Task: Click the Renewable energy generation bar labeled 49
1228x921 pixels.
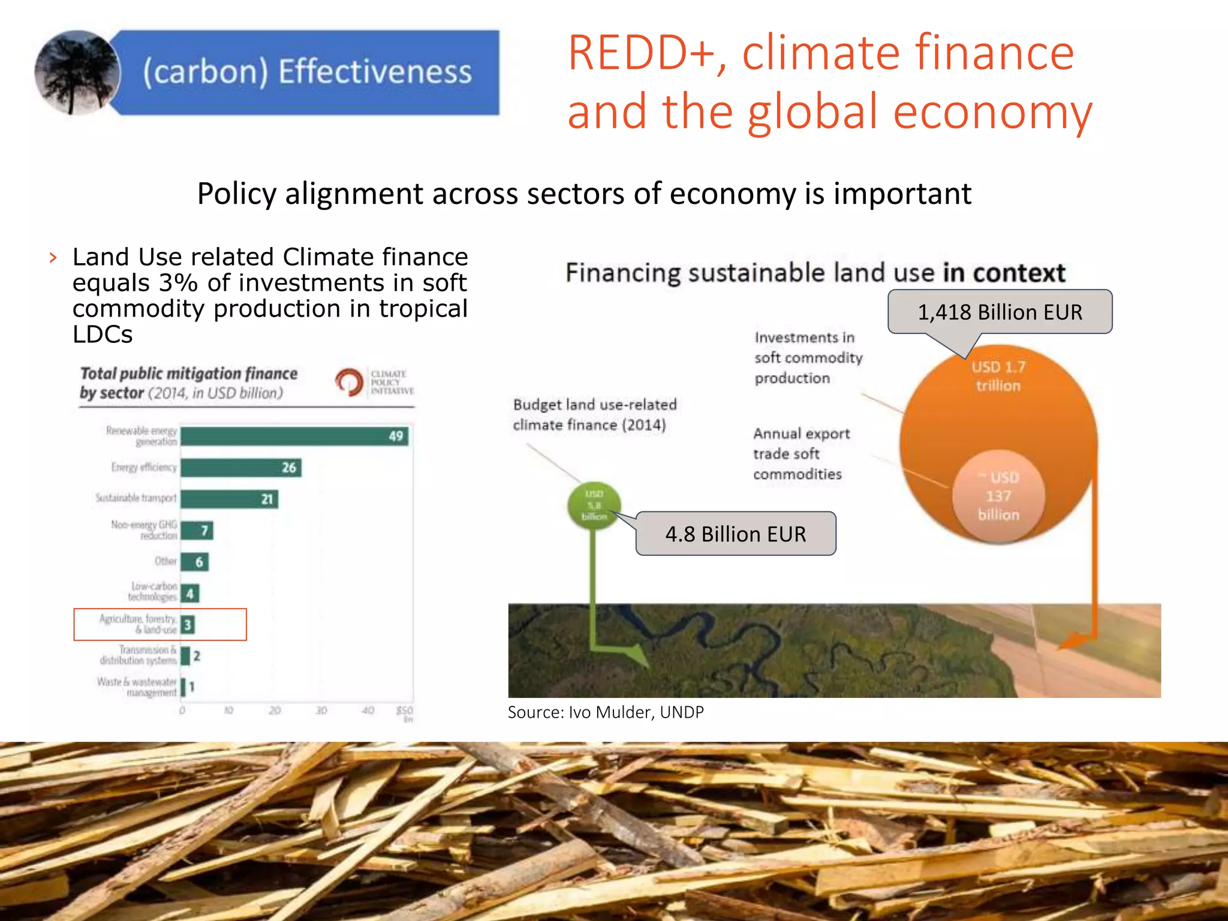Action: [294, 436]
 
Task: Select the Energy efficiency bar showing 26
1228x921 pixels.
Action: [240, 468]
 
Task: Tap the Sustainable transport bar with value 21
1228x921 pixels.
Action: [229, 499]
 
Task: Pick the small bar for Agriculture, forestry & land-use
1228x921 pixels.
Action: [187, 625]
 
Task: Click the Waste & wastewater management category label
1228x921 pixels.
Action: [137, 687]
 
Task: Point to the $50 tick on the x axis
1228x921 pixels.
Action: [405, 711]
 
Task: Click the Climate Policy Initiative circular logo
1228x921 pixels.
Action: [349, 382]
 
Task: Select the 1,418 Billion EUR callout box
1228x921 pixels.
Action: [1000, 312]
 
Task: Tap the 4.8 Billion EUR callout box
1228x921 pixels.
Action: [736, 534]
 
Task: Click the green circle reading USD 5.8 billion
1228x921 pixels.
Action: [594, 505]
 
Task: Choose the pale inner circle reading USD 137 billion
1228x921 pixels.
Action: [998, 496]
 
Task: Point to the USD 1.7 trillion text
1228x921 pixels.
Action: [998, 376]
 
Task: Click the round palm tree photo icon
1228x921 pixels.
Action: [77, 73]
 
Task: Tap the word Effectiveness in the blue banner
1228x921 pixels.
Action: [375, 72]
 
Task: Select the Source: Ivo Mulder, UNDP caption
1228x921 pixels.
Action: [606, 712]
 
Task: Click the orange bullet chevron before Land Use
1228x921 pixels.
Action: [53, 258]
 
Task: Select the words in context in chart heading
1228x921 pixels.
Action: [1004, 273]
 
